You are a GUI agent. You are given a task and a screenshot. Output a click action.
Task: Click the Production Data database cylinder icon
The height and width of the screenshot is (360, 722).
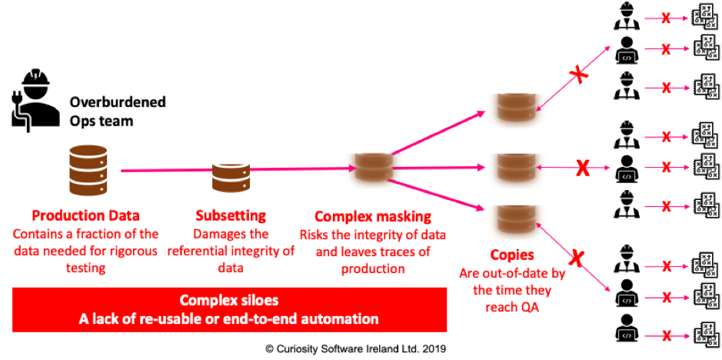click(88, 170)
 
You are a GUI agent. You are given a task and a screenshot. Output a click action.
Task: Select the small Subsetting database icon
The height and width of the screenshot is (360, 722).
click(231, 177)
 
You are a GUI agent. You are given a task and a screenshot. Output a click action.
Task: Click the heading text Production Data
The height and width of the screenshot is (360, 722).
click(85, 215)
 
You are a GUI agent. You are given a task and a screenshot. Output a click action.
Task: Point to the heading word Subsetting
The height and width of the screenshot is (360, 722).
click(231, 215)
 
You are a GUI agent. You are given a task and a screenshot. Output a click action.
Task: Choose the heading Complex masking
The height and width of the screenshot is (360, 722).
click(372, 215)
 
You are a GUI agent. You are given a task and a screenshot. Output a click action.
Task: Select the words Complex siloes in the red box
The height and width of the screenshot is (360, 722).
click(228, 300)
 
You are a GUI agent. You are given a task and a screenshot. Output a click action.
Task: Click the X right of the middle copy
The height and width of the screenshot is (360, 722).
click(583, 166)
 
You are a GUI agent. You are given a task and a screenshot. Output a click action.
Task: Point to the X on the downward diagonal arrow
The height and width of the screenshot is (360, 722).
click(576, 256)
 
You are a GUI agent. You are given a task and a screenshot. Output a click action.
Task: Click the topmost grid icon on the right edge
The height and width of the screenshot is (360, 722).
click(705, 17)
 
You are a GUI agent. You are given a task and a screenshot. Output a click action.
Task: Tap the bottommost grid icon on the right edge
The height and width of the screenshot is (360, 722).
click(705, 335)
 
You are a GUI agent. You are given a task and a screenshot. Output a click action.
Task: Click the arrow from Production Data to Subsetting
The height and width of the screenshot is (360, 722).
click(165, 170)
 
